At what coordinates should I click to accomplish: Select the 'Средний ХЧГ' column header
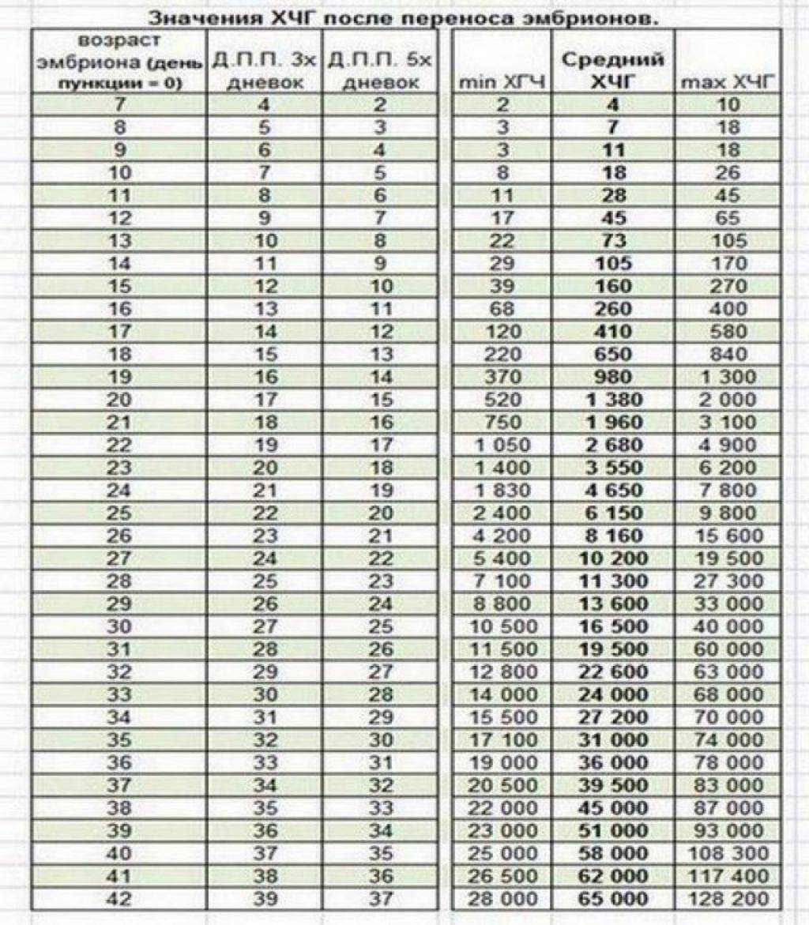coord(612,69)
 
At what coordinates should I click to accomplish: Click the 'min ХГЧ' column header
coord(502,80)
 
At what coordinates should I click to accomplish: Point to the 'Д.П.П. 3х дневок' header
coord(265,70)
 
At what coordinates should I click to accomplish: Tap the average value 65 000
coord(612,899)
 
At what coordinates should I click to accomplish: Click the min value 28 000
coord(502,899)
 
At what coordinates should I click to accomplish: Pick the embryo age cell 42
coord(119,899)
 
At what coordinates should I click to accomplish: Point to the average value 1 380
coord(612,399)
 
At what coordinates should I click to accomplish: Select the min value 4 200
coord(502,536)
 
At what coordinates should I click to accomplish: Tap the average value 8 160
coord(612,536)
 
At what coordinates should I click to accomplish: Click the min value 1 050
coord(502,445)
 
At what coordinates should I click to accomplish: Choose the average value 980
coord(612,376)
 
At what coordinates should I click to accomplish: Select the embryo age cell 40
coord(119,853)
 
